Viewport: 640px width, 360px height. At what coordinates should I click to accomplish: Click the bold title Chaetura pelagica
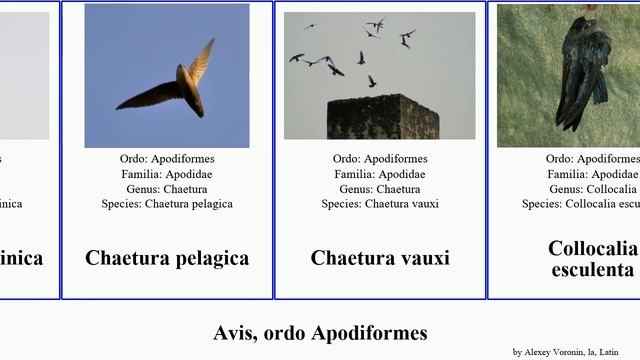(x=167, y=258)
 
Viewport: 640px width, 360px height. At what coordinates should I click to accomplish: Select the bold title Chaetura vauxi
(x=380, y=258)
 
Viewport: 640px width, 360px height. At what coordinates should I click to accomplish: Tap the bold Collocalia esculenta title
(x=591, y=259)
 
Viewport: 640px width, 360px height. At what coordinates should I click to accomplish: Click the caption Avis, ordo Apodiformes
(x=320, y=333)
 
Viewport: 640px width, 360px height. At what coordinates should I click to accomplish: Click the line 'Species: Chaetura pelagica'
(x=167, y=204)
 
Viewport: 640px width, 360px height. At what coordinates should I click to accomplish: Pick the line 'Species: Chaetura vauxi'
(x=380, y=204)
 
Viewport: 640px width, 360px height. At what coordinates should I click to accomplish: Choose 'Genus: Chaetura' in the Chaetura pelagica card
(x=167, y=189)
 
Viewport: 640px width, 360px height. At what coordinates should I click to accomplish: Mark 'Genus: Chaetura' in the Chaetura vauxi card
(x=380, y=189)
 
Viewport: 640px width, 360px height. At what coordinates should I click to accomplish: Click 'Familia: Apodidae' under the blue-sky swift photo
(x=167, y=174)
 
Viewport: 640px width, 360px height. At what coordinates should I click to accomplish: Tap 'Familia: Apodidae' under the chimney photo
(x=380, y=174)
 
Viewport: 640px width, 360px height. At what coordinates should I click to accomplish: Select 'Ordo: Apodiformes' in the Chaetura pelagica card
(x=167, y=159)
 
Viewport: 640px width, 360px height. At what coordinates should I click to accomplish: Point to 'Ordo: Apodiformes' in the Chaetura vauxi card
(x=380, y=159)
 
